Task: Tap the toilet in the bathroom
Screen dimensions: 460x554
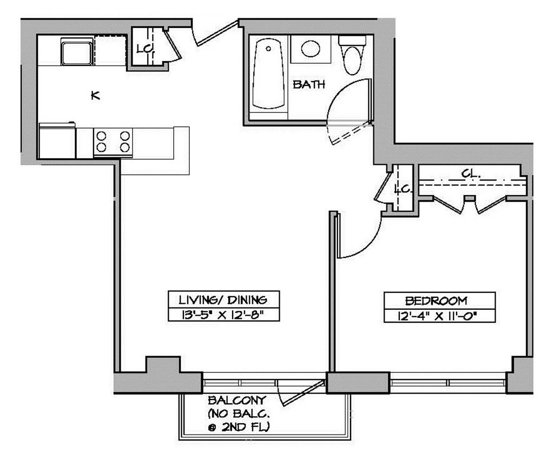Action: tap(352, 56)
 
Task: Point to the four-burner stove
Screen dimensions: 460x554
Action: tap(113, 141)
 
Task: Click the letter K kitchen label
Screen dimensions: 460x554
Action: tap(95, 96)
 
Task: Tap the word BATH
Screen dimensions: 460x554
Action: tap(308, 84)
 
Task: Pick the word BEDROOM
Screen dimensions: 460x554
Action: tap(439, 301)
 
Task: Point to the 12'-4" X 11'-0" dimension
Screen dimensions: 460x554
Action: tap(439, 315)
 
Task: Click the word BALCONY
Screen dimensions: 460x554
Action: tap(237, 401)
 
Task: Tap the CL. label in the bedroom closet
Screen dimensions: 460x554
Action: tap(469, 174)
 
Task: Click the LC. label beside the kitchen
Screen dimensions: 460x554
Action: tap(144, 49)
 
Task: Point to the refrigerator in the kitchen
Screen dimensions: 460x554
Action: tap(57, 142)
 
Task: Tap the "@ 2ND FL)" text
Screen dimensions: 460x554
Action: tap(239, 427)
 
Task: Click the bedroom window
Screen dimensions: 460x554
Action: tap(447, 383)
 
